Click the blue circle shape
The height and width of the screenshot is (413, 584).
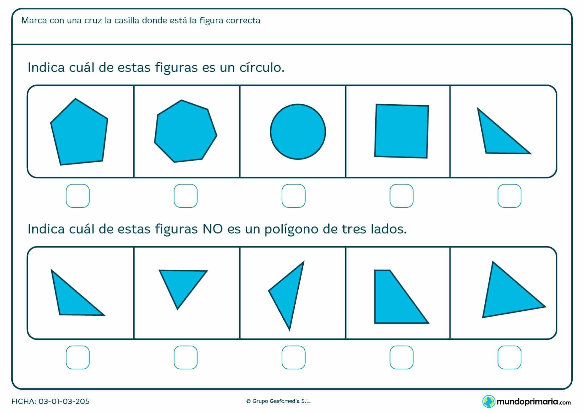[x=298, y=132]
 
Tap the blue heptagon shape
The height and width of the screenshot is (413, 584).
[x=185, y=132]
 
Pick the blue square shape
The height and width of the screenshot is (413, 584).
[x=402, y=131]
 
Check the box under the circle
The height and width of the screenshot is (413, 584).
[x=293, y=196]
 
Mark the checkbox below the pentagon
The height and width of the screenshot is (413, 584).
[x=78, y=196]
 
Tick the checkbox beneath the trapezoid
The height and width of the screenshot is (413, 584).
[x=401, y=357]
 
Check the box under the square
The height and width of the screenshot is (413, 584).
[x=401, y=196]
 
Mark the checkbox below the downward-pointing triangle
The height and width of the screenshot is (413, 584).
[x=185, y=357]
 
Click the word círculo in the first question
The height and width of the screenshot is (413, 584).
[x=261, y=68]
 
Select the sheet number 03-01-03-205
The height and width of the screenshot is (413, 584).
[x=64, y=401]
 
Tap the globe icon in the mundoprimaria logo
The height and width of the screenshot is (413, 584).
[x=489, y=401]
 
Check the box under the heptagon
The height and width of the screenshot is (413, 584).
[x=185, y=196]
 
